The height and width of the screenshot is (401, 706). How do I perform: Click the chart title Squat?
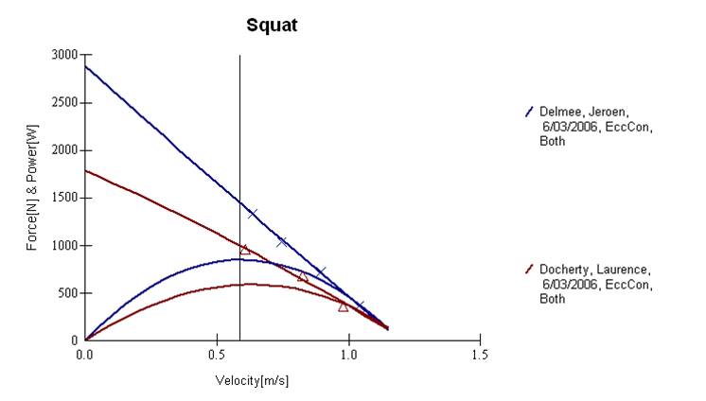coord(272,26)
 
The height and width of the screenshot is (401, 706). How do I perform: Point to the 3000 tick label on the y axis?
coord(65,55)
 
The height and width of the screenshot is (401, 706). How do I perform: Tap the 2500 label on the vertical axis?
coord(65,102)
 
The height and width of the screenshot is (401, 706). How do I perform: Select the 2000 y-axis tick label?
coord(65,150)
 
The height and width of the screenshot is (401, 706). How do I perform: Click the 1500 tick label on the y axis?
coord(65,198)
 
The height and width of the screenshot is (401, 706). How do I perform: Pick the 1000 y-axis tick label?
coord(65,246)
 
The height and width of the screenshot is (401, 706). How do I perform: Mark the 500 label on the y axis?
coord(68,293)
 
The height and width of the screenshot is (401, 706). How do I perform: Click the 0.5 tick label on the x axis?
coord(217,355)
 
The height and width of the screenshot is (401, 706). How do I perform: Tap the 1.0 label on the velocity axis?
coord(348,355)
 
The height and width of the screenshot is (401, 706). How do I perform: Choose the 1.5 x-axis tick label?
coord(480,355)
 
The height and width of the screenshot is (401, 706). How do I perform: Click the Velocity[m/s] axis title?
coord(252,381)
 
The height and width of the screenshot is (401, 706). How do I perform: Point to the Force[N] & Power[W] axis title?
coord(32,187)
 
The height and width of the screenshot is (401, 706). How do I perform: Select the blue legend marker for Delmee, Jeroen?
coord(529,112)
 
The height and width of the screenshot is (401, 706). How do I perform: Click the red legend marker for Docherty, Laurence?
coord(529,270)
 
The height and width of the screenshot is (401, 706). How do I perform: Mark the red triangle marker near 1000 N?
coord(245,250)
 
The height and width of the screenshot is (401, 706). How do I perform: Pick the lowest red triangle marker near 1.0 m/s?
coord(344,307)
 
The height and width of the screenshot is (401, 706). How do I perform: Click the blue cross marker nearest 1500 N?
coord(253,214)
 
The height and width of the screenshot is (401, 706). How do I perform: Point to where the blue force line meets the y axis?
coord(85,66)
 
